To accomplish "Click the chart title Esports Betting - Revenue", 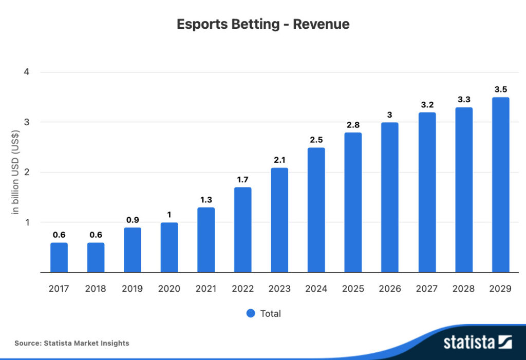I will click(x=263, y=24).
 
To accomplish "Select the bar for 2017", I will click(x=59, y=257).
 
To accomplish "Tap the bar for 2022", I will click(x=242, y=230).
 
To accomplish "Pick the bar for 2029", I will click(x=500, y=185).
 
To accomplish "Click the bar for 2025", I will click(x=353, y=202).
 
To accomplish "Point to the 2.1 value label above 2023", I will click(x=279, y=160).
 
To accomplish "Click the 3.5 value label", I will click(x=500, y=89).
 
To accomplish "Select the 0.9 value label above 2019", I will click(x=133, y=220).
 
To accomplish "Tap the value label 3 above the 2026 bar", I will click(x=390, y=115).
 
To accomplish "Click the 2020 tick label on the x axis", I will click(x=169, y=289).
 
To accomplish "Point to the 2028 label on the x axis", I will click(x=463, y=289).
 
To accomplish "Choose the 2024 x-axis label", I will click(x=316, y=289).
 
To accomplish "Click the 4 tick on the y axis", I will click(x=26, y=72).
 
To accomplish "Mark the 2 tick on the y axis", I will click(x=26, y=173).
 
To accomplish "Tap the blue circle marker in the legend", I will click(x=251, y=313).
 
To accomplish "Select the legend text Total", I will click(x=270, y=313).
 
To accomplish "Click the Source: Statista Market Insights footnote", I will click(x=72, y=343).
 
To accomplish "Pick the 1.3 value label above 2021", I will click(x=206, y=200).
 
